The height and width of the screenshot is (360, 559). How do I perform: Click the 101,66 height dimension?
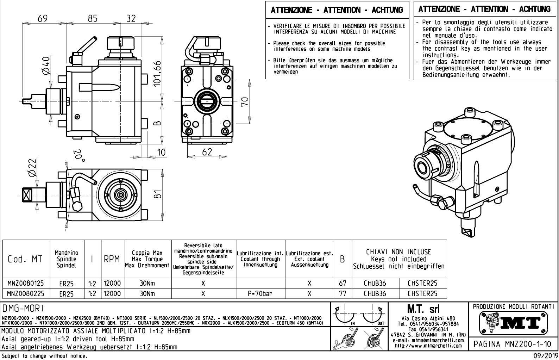coord(157,73)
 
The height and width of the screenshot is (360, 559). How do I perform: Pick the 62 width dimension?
coord(207,152)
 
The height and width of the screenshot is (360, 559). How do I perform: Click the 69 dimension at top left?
coord(42,18)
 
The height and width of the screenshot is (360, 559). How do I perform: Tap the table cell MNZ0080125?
coord(26,283)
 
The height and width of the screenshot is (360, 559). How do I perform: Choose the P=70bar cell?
coord(260,293)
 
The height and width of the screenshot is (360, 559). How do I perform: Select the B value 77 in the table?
coord(343,293)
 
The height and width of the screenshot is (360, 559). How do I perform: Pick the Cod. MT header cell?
coord(25,259)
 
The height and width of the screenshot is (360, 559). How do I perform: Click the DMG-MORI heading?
coord(23,309)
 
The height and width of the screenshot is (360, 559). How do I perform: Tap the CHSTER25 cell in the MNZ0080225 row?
coord(422,293)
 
